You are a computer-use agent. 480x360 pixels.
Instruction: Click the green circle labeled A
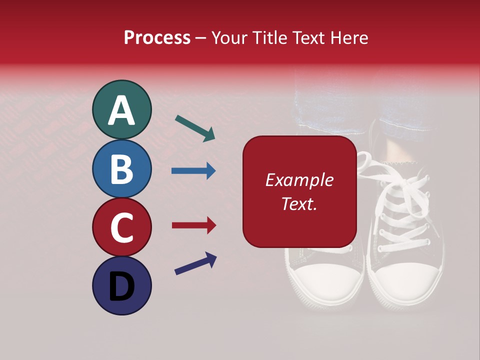point(121,109)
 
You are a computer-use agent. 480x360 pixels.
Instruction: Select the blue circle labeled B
point(121,168)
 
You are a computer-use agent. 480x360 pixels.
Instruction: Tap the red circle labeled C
point(121,227)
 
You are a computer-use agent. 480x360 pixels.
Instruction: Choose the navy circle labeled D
point(121,285)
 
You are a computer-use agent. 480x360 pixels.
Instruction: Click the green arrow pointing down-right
point(195,128)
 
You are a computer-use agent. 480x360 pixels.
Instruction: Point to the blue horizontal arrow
point(193,170)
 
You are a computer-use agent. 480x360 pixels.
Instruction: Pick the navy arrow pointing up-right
point(195,263)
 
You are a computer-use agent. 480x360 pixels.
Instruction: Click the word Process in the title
point(157,37)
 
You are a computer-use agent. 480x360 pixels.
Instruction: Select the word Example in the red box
point(299,180)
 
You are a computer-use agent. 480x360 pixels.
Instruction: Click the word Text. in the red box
point(299,203)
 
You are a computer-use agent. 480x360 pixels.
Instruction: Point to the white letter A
point(121,110)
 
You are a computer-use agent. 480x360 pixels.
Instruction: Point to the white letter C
point(121,227)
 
